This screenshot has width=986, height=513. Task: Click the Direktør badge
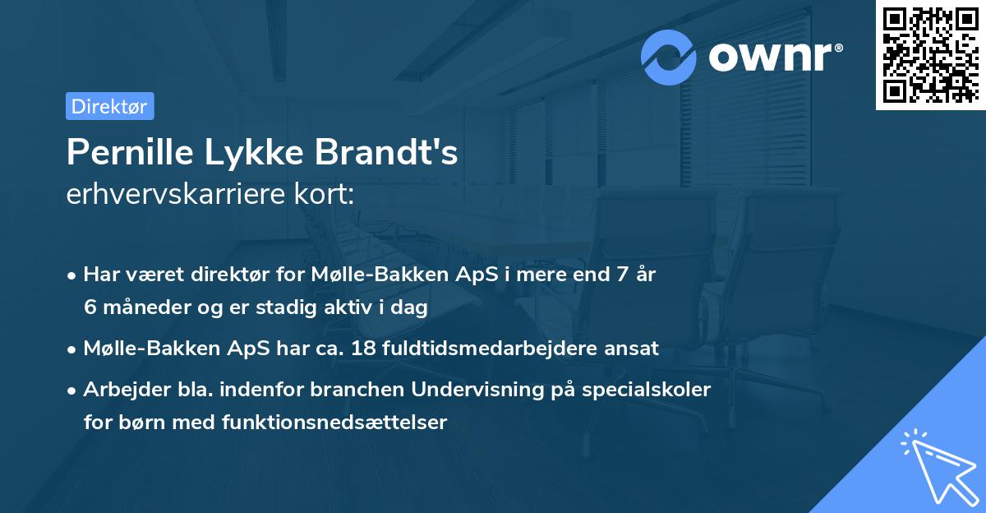point(109,106)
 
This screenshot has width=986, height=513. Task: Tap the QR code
point(928,54)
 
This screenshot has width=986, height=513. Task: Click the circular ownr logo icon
point(669,57)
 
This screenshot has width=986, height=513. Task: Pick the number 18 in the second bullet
point(362,349)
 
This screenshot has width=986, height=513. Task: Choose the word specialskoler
point(657,390)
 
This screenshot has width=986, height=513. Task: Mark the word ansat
point(634,349)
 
